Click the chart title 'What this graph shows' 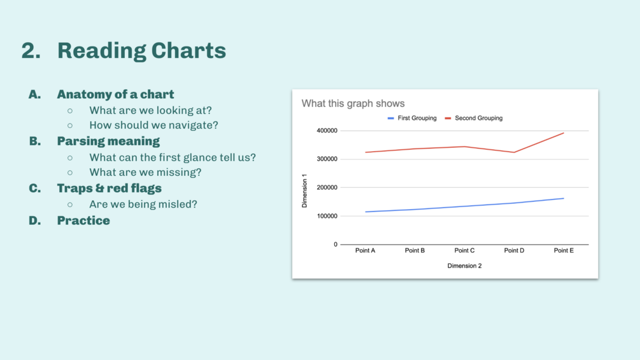(x=353, y=104)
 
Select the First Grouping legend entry (x=412, y=119)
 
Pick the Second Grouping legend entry (x=473, y=119)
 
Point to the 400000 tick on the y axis (x=327, y=131)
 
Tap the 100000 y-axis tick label (x=327, y=216)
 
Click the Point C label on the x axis (x=464, y=250)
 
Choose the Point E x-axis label (x=564, y=250)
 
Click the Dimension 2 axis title (x=464, y=266)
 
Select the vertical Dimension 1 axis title (x=304, y=191)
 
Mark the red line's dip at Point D (x=514, y=153)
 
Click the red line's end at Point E (x=564, y=133)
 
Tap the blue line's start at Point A (x=366, y=212)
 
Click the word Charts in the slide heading (x=188, y=50)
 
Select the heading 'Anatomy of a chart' (x=115, y=94)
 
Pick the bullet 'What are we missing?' (x=145, y=172)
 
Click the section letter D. (x=34, y=221)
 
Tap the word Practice (x=83, y=221)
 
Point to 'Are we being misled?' (x=143, y=204)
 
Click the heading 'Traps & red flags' (x=110, y=188)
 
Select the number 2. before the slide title (x=31, y=50)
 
